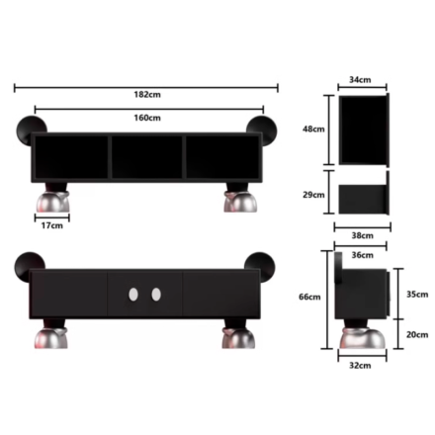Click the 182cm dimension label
pos(147,95)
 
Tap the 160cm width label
pos(147,118)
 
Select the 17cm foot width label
pos(51,225)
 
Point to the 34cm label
pos(360,80)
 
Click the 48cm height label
pos(313,129)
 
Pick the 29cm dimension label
pos(313,195)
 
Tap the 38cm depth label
pos(362,235)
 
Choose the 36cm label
pos(362,255)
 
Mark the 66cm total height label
pos(309,297)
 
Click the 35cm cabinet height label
pos(417,295)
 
